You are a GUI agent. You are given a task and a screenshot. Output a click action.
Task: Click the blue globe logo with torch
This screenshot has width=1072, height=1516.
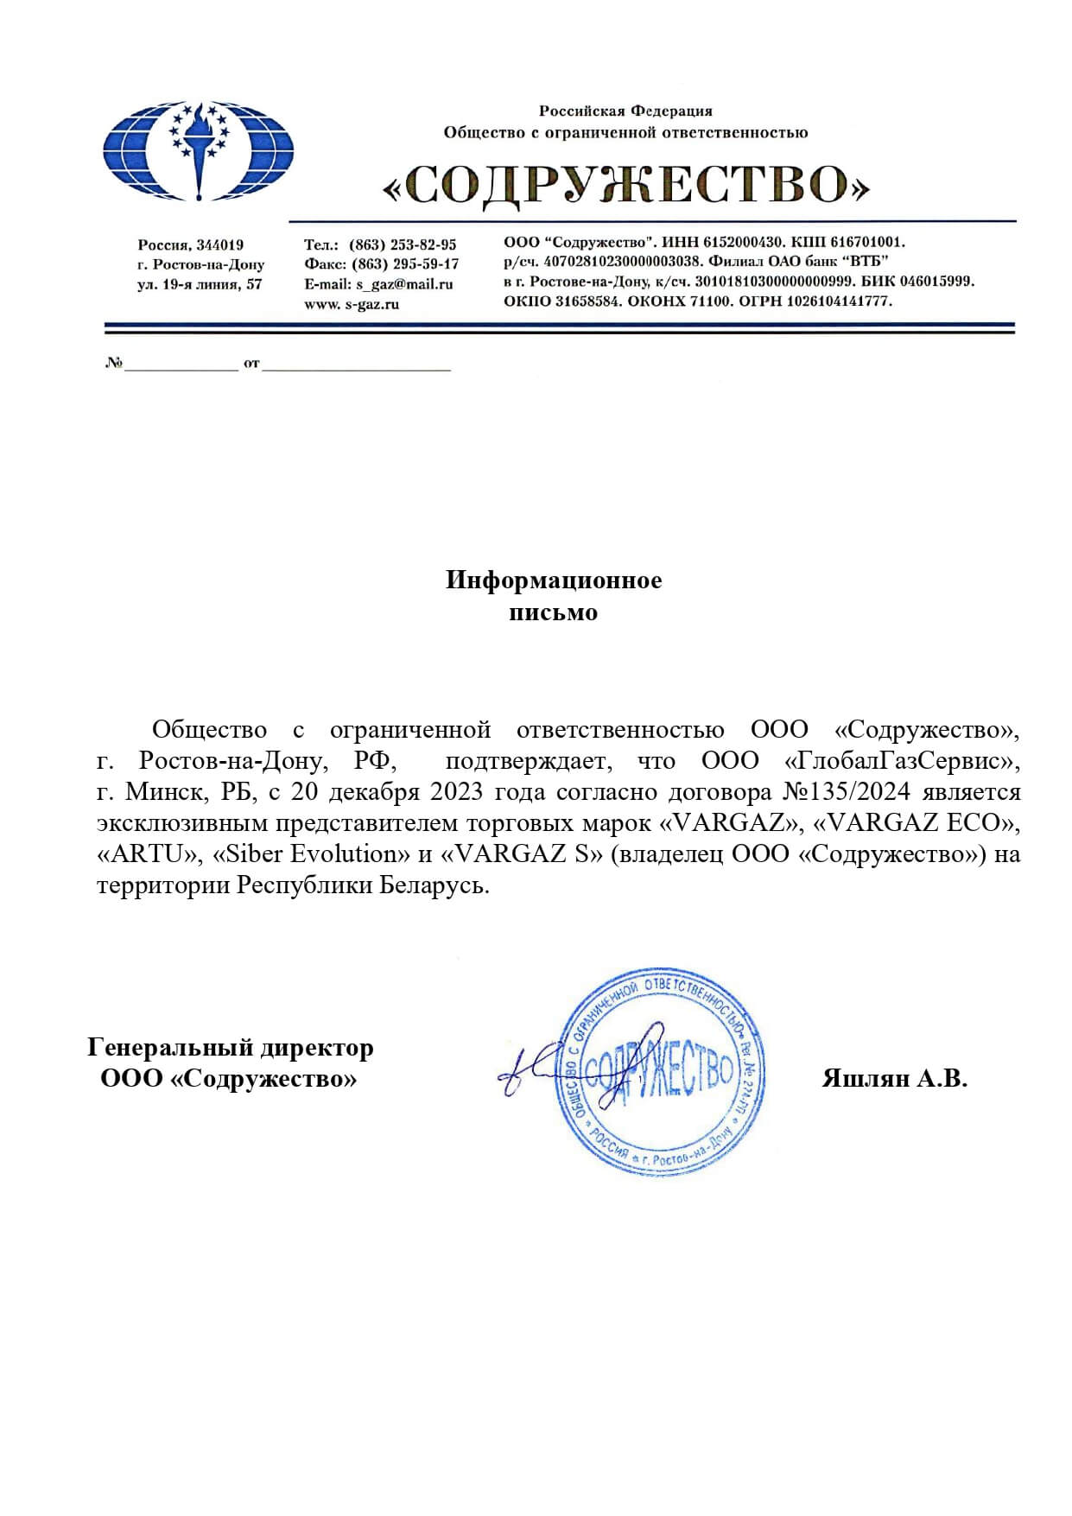coord(199,151)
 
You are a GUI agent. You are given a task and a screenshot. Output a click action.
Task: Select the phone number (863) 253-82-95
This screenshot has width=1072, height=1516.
coord(403,244)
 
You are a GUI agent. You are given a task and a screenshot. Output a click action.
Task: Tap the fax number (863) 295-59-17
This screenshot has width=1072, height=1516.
coord(405,264)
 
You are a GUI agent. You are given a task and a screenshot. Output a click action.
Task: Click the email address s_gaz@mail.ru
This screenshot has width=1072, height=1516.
coord(404,284)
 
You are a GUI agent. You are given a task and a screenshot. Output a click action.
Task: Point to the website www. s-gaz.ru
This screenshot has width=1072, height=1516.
coord(352,304)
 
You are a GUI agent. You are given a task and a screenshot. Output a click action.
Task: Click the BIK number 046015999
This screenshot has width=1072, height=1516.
coord(937,282)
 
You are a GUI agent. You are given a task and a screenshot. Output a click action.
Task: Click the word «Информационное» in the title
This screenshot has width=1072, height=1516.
coord(554,580)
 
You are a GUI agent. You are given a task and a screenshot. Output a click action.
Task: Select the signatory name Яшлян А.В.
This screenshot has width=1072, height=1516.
coord(894,1079)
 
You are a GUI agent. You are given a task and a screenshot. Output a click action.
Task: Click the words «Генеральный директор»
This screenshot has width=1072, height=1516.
coord(231,1048)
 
